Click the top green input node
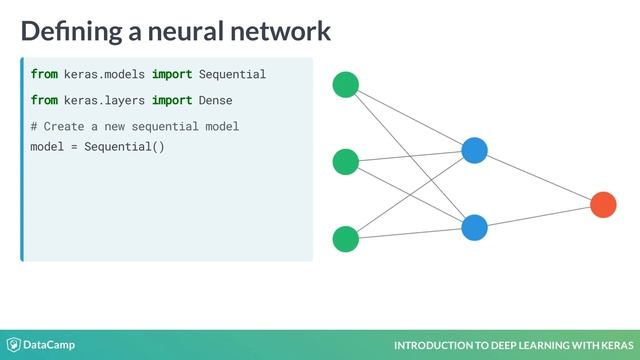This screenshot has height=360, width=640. [x=346, y=86]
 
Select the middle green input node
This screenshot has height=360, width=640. [x=346, y=161]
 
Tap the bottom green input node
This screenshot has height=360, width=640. [x=346, y=239]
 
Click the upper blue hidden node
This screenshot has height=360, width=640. [x=474, y=151]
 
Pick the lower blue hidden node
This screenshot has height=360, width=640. [x=474, y=227]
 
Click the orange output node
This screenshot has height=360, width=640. [x=603, y=205]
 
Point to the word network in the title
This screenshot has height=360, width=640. [x=280, y=31]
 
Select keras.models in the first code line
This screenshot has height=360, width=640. [x=105, y=75]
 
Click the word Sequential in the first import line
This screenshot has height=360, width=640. [x=232, y=75]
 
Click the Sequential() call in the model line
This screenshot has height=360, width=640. [x=124, y=147]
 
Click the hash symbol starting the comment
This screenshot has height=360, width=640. [x=34, y=127]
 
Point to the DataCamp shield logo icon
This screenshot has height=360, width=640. [x=14, y=345]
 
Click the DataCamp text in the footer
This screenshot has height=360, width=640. [x=50, y=345]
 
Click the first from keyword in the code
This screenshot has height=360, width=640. [x=43, y=75]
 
